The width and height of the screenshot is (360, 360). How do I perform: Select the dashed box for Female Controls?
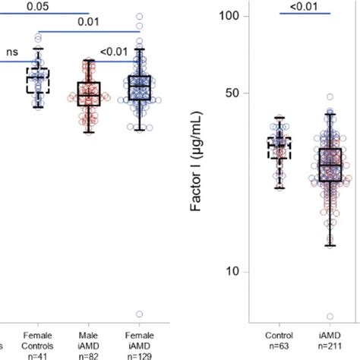coord(37,80)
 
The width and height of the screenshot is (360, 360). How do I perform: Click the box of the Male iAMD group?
coord(89,93)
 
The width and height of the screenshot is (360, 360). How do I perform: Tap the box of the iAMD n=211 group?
coord(330,164)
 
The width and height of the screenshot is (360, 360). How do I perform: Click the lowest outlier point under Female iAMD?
coord(139,314)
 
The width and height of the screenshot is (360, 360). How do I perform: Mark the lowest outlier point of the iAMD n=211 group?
coord(330,317)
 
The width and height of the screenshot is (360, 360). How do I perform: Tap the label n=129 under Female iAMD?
coord(139,355)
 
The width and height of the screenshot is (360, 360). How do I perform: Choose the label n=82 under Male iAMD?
coord(89,355)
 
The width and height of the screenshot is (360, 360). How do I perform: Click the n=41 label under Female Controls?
coord(37,355)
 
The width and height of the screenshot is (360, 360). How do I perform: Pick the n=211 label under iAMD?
coord(330,345)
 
